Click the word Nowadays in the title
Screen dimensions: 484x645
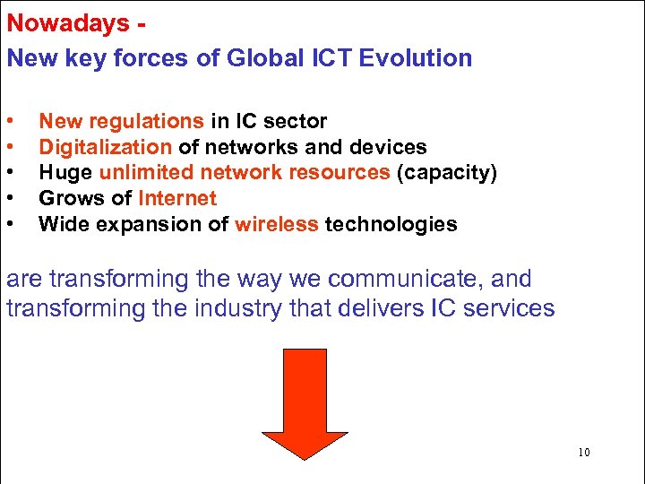point(67,23)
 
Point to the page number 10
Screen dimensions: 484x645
point(584,453)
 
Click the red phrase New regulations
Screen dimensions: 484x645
point(121,121)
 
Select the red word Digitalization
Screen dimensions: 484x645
point(106,147)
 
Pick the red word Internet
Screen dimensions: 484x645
point(177,198)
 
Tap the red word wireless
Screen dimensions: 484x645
point(277,224)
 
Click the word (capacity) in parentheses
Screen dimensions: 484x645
point(446,172)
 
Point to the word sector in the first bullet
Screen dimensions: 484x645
point(297,121)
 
